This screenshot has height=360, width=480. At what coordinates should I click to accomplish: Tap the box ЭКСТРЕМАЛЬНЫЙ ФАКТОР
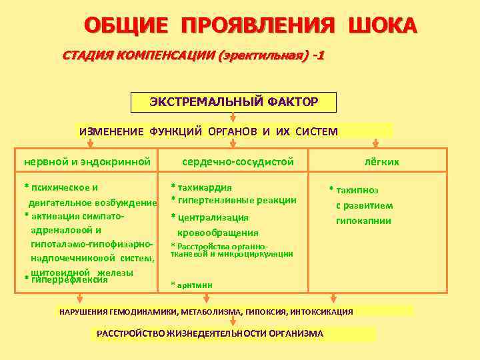(233, 102)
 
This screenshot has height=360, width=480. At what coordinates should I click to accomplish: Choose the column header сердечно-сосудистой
(238, 161)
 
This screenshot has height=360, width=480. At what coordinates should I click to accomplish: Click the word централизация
(212, 217)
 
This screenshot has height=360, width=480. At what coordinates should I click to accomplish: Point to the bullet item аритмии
(195, 285)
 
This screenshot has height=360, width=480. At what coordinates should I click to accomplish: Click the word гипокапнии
(363, 221)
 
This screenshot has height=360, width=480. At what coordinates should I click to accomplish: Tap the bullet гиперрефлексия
(69, 279)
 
